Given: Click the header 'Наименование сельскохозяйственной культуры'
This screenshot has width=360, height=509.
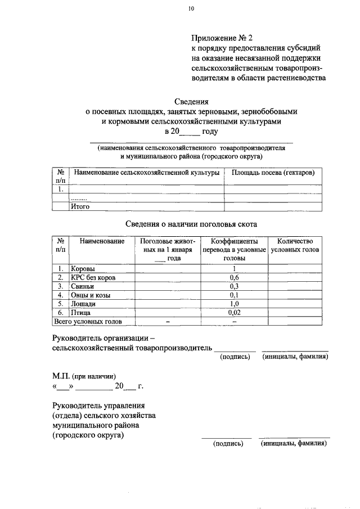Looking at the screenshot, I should [x=146, y=172].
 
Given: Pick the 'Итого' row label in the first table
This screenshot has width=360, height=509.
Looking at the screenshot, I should [x=80, y=206].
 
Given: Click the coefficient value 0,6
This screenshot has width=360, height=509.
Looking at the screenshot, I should [x=234, y=277].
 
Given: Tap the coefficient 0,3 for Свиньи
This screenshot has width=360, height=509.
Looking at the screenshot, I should [x=234, y=286].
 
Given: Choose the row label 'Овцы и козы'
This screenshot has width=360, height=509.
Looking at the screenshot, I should [x=90, y=295].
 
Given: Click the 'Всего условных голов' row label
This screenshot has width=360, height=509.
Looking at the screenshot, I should [x=87, y=322].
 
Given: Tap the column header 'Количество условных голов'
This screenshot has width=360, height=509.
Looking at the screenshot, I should [x=295, y=245].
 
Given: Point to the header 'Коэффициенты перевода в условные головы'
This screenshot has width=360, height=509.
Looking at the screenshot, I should [x=234, y=249].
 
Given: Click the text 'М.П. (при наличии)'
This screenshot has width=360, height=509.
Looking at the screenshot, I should [x=84, y=377].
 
